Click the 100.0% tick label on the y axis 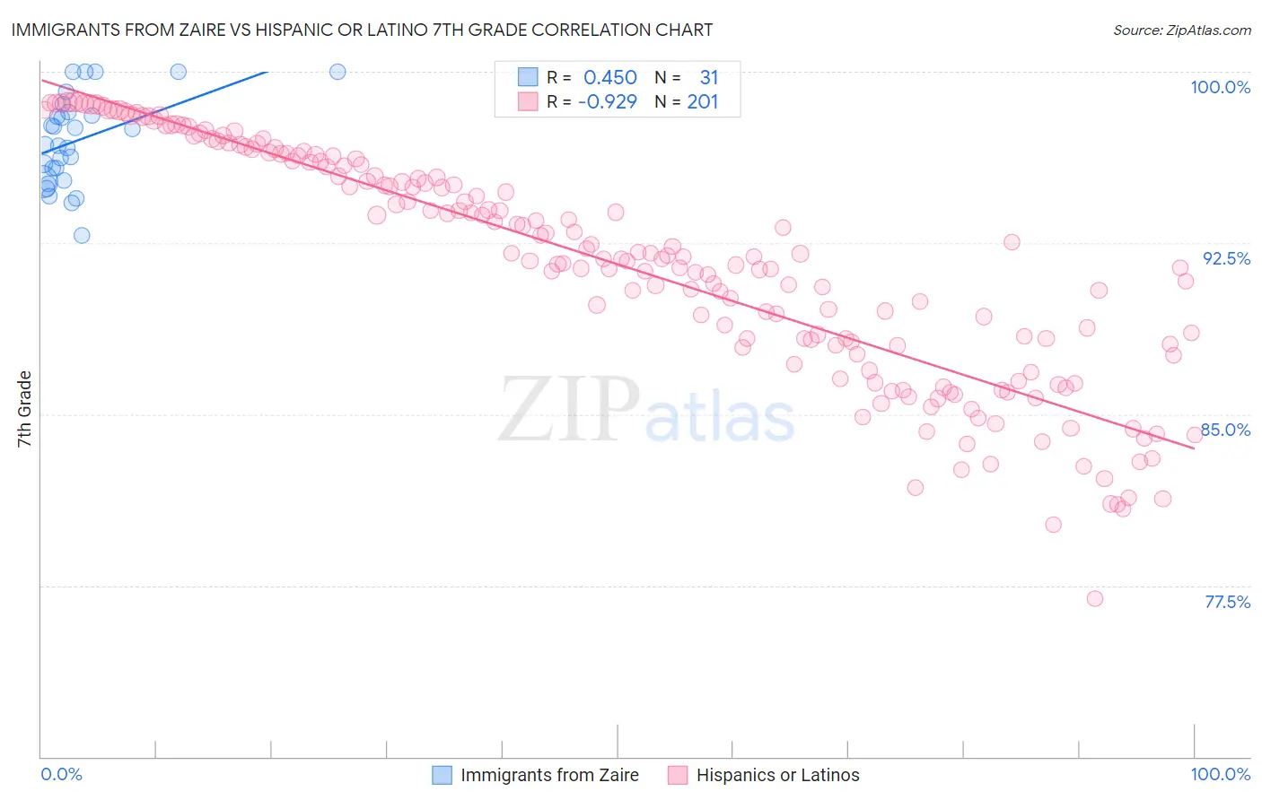[1220, 87]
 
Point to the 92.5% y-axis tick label [1226, 258]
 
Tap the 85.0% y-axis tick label [1226, 430]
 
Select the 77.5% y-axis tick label [1227, 602]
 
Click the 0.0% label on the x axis [61, 774]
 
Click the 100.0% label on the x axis [1220, 774]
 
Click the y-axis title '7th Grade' [24, 409]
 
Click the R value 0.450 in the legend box [609, 78]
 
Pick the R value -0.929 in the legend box [607, 101]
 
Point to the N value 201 [703, 101]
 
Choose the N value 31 [708, 78]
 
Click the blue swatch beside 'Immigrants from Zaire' [442, 775]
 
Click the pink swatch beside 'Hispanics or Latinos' [678, 775]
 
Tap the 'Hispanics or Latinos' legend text [777, 775]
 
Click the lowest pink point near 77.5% [1094, 598]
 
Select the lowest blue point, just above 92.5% [82, 235]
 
